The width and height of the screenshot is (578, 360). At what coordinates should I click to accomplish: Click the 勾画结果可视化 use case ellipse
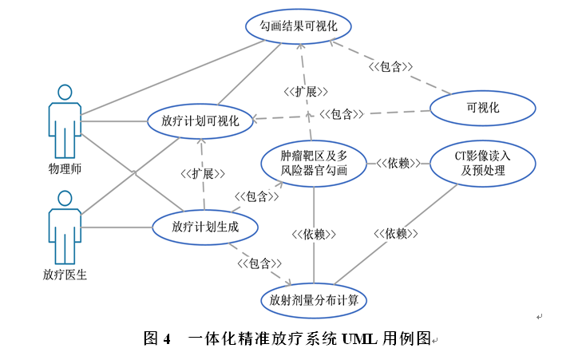300,26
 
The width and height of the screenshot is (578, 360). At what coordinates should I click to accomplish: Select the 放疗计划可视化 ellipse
200,121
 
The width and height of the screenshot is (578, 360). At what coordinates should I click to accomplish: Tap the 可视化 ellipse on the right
483,108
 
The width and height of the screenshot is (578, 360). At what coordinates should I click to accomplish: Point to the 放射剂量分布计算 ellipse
313,301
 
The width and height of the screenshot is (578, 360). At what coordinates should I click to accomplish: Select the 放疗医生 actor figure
65,227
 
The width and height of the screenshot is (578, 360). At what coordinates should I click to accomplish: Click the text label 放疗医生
65,275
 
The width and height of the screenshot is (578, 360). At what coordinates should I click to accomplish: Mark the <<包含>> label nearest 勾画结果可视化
390,67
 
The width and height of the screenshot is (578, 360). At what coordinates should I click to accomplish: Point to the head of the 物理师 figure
65,92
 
